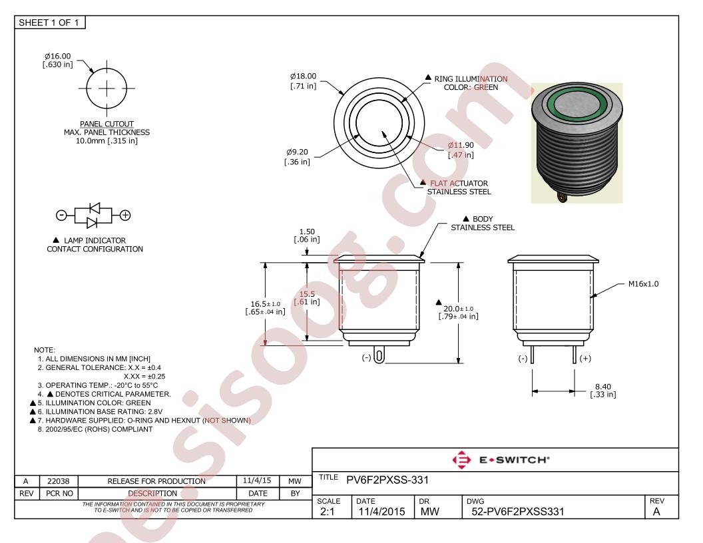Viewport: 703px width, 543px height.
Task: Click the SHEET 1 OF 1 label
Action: click(49, 23)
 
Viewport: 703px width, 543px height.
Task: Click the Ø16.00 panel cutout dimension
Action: click(58, 56)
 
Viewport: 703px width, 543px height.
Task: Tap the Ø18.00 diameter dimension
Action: click(303, 76)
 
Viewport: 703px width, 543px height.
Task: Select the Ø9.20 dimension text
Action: click(298, 152)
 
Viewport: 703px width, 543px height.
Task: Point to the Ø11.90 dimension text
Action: click(461, 145)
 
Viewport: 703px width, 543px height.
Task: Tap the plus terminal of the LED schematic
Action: click(125, 216)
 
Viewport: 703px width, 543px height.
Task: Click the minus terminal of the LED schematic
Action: click(61, 216)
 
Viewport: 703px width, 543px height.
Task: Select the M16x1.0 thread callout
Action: click(643, 283)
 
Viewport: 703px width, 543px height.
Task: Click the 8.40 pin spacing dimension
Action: click(603, 386)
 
